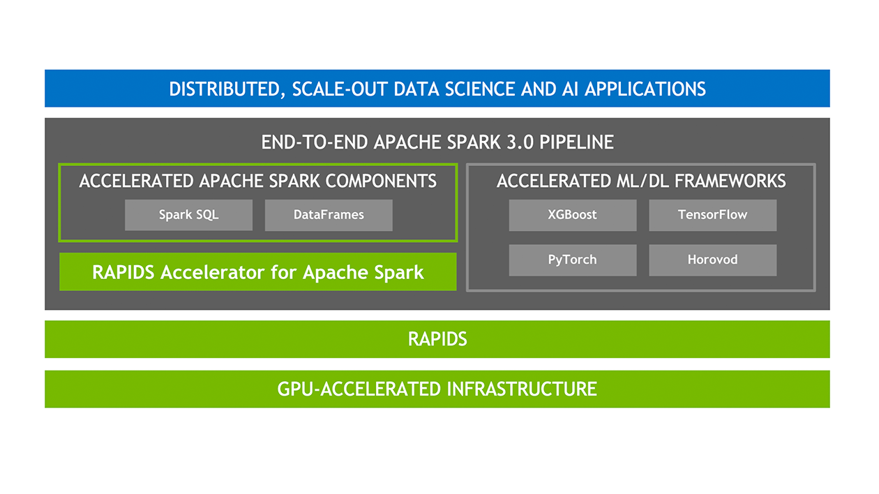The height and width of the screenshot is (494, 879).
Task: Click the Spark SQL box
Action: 188,215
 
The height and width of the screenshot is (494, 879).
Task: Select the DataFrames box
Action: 329,215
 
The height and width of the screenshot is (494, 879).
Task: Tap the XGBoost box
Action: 572,215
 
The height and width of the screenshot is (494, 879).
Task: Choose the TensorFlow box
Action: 712,215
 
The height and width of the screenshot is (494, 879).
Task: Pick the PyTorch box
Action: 572,260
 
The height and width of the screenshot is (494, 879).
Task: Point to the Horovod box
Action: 712,260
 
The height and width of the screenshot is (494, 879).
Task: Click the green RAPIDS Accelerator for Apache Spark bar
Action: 257,271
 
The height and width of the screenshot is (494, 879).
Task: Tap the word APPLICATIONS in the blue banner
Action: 645,89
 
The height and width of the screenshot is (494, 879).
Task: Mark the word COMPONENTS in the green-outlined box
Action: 381,181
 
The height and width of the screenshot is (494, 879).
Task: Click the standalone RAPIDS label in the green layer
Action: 437,339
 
